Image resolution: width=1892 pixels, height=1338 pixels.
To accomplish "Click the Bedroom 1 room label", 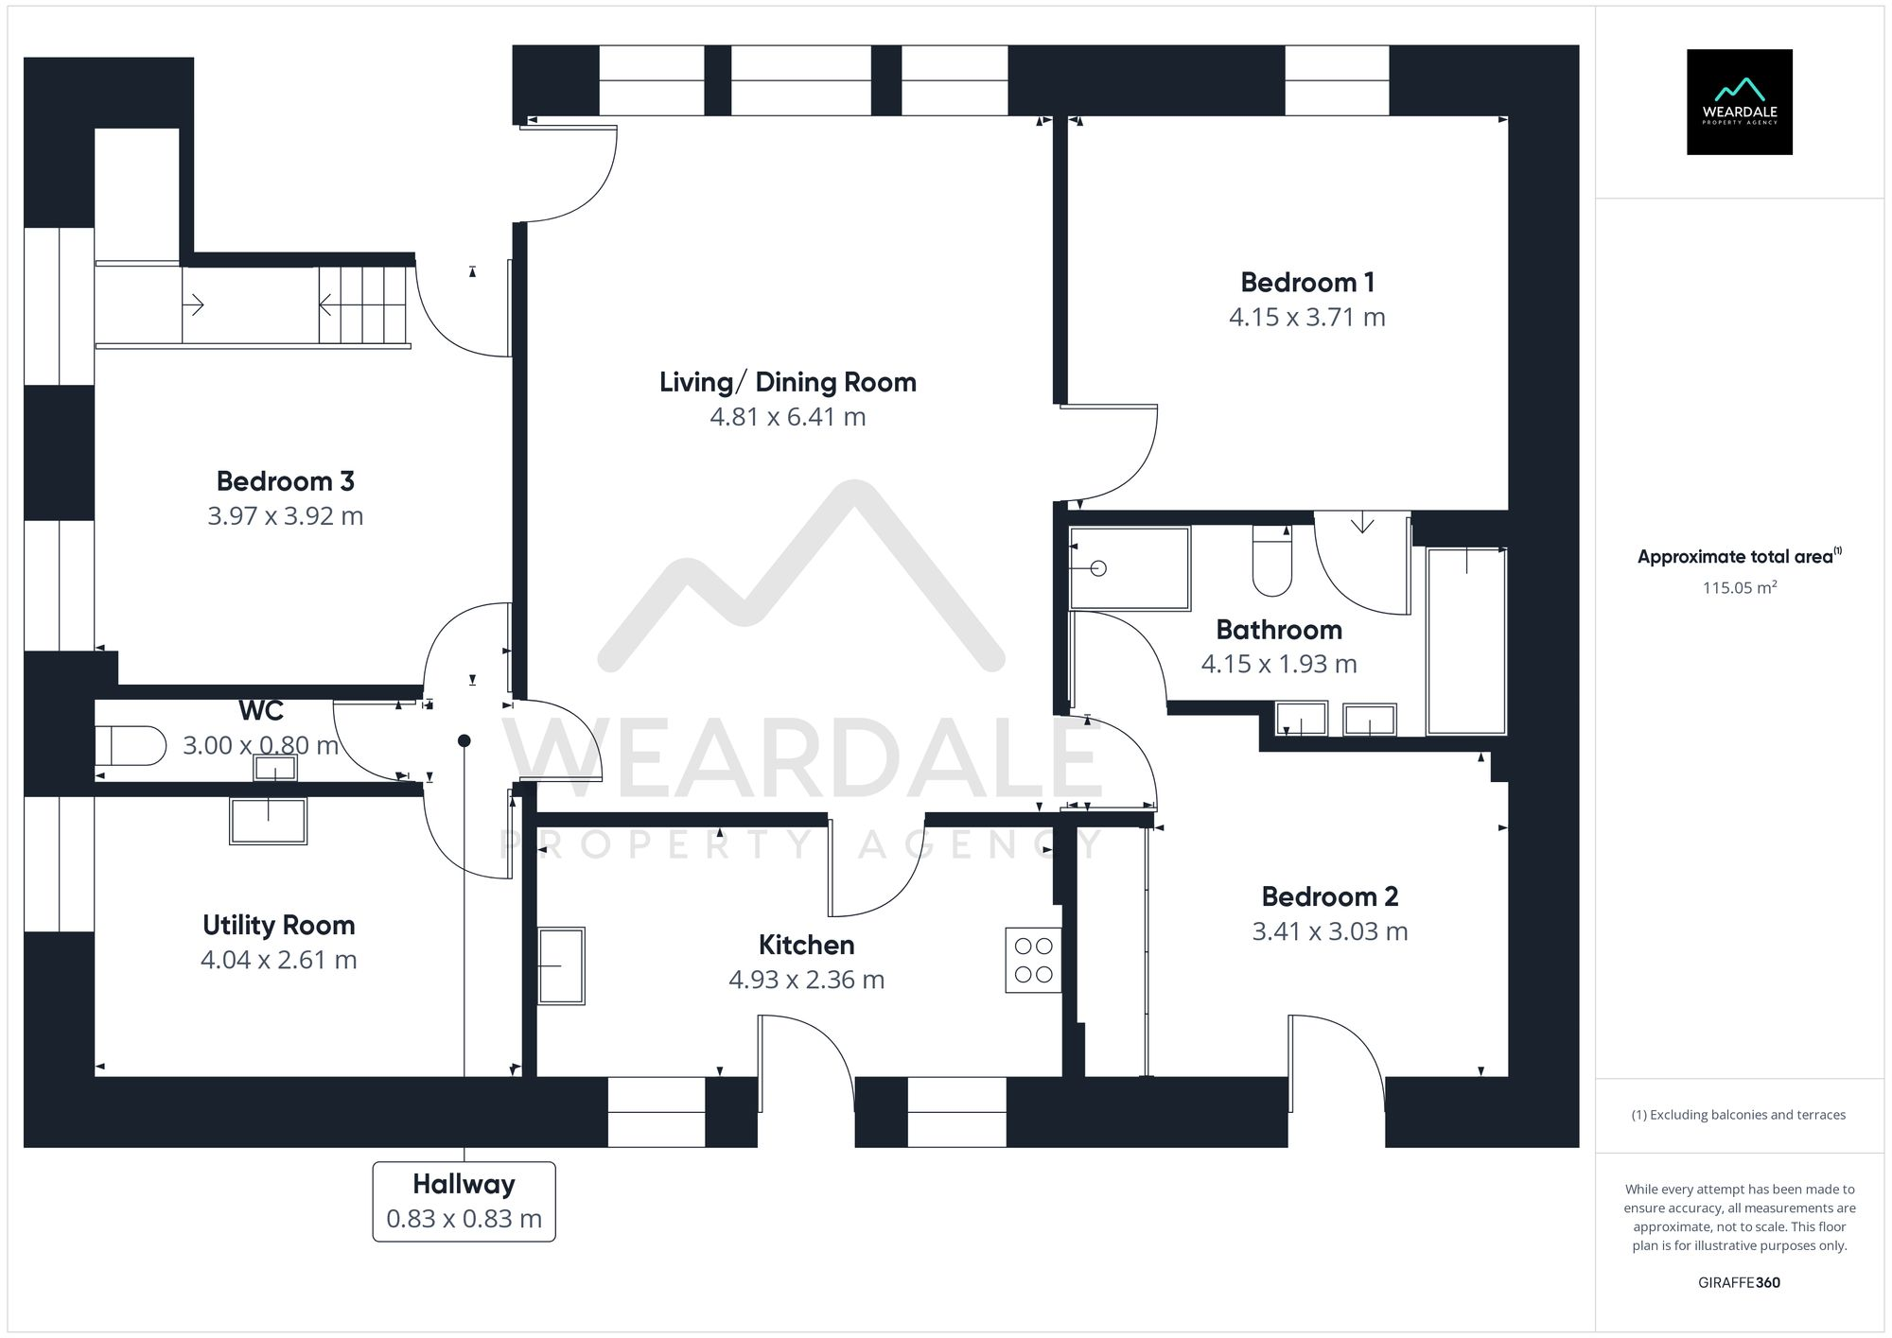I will [x=1306, y=282].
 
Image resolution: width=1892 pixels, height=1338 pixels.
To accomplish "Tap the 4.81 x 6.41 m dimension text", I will [x=787, y=417].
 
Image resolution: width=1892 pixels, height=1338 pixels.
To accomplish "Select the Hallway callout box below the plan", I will [x=464, y=1201].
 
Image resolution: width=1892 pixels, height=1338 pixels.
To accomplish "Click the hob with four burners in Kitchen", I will [x=1032, y=960].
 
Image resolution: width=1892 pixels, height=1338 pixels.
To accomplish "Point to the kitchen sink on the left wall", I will [x=561, y=965].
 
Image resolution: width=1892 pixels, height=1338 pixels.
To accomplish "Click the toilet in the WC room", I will [x=130, y=745].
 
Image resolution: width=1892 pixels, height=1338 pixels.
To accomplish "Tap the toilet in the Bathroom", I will [x=1271, y=565].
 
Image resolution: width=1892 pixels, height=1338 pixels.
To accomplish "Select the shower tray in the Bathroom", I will [x=1129, y=568].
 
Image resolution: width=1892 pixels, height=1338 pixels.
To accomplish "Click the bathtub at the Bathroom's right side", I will [x=1465, y=640].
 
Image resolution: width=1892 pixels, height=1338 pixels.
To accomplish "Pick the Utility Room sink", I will [x=268, y=820].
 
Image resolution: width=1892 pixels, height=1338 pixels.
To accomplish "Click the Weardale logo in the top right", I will [x=1739, y=102].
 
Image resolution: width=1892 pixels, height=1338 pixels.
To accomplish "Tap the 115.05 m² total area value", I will [x=1739, y=587].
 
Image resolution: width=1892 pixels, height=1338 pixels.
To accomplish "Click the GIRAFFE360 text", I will [x=1739, y=1282].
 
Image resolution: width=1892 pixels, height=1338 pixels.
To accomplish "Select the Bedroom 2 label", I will [x=1329, y=896].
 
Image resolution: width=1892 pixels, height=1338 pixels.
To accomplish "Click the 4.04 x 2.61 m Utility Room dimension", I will [x=278, y=960].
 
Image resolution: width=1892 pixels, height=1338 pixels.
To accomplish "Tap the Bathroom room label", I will [x=1278, y=630].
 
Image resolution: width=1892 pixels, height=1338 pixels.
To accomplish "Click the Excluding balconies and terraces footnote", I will [x=1738, y=1115].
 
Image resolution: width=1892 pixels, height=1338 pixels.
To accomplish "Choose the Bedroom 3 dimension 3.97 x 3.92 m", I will [x=285, y=516].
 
